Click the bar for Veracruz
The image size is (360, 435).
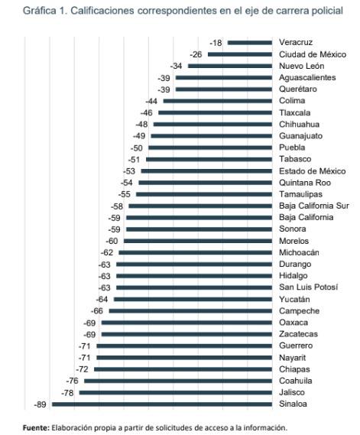[249, 43]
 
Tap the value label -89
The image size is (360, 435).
[41, 404]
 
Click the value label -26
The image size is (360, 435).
[196, 54]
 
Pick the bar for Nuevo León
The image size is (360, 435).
[230, 67]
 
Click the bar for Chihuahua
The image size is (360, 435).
[213, 124]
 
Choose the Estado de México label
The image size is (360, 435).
[312, 170]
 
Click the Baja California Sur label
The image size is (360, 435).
[313, 206]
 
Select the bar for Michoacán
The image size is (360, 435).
[196, 252]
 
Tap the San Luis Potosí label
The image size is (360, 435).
[308, 287]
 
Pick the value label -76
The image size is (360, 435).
[73, 381]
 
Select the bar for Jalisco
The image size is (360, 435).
[176, 392]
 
